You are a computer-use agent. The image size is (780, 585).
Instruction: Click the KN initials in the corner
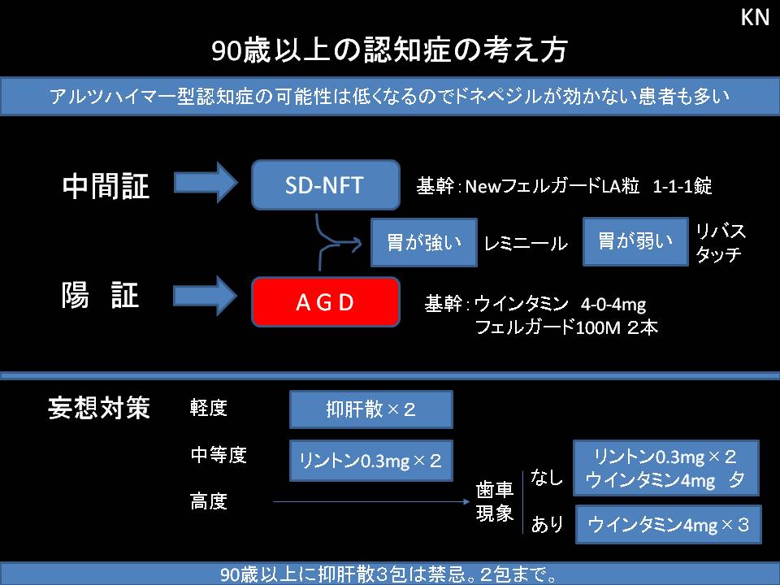(755, 18)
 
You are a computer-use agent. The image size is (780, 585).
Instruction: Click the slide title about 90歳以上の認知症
(389, 50)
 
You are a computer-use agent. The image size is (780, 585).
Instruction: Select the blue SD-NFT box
(326, 185)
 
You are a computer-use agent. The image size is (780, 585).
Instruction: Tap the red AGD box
(326, 302)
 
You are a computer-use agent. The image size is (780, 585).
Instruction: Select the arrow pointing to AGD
(208, 295)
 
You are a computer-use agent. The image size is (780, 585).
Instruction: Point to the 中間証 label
(106, 187)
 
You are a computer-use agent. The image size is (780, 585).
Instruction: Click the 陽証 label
(101, 296)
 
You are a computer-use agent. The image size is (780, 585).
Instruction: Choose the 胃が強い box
(423, 242)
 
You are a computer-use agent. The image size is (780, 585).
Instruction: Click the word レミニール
(526, 243)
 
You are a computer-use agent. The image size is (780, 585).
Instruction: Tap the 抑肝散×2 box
(370, 409)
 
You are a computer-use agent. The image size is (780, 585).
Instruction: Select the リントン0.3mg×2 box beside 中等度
(370, 461)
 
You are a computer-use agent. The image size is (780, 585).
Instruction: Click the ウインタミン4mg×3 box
(667, 525)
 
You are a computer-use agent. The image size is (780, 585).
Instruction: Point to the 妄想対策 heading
(99, 408)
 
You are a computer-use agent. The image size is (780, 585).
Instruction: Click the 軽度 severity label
(209, 408)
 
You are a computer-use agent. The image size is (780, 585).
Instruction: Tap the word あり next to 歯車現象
(547, 525)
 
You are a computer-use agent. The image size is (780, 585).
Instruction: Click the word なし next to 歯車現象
(547, 478)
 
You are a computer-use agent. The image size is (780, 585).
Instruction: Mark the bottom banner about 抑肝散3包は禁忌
(389, 574)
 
